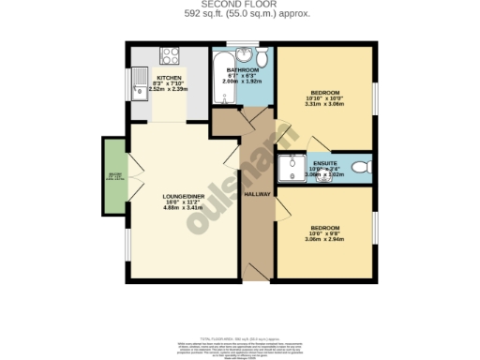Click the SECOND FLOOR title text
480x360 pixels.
click(241, 5)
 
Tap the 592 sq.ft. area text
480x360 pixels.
click(241, 15)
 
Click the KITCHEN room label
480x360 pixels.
click(169, 78)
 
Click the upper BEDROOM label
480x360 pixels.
click(325, 93)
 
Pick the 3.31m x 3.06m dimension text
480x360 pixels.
click(325, 105)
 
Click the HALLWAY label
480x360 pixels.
click(257, 194)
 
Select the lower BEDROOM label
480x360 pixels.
click(325, 227)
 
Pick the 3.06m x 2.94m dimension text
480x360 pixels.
click(325, 239)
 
